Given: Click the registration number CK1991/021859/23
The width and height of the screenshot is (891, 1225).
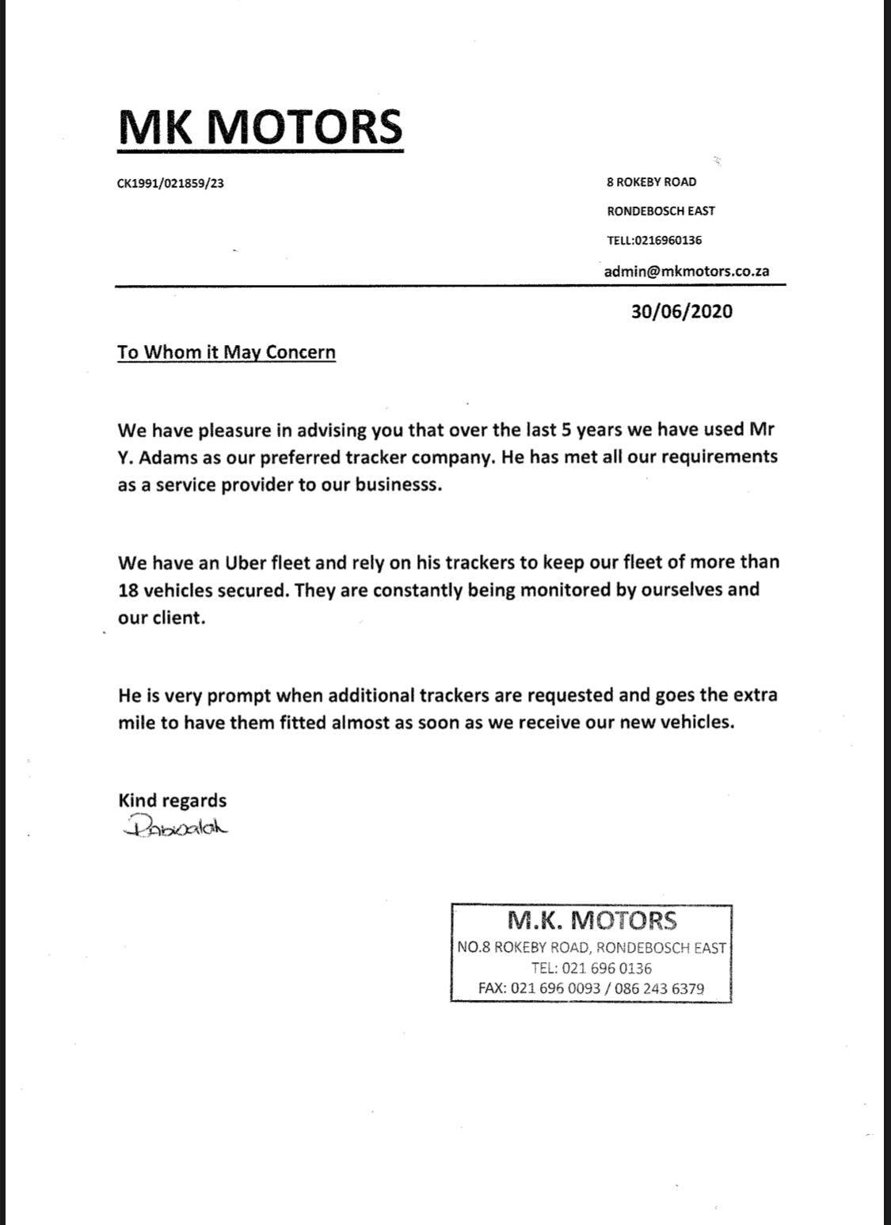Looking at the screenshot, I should [170, 184].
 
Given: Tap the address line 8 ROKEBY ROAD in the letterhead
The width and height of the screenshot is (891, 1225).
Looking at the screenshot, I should [651, 182].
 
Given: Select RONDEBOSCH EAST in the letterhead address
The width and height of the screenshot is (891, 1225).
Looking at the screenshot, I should [661, 211].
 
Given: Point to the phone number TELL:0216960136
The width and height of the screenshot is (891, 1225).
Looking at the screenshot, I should [654, 240].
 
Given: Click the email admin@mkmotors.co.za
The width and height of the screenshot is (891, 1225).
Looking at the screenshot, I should [686, 270].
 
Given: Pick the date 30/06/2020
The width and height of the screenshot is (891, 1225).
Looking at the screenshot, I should [681, 311].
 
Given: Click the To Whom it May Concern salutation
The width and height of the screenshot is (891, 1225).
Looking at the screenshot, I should [227, 352].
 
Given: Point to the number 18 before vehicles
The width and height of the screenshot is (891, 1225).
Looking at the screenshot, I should [129, 591].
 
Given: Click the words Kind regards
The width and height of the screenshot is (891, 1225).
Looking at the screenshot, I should [172, 801].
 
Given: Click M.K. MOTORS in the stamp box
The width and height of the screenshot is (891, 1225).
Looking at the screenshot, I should [592, 920].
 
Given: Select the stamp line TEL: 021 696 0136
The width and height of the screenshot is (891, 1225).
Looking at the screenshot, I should [591, 968].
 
